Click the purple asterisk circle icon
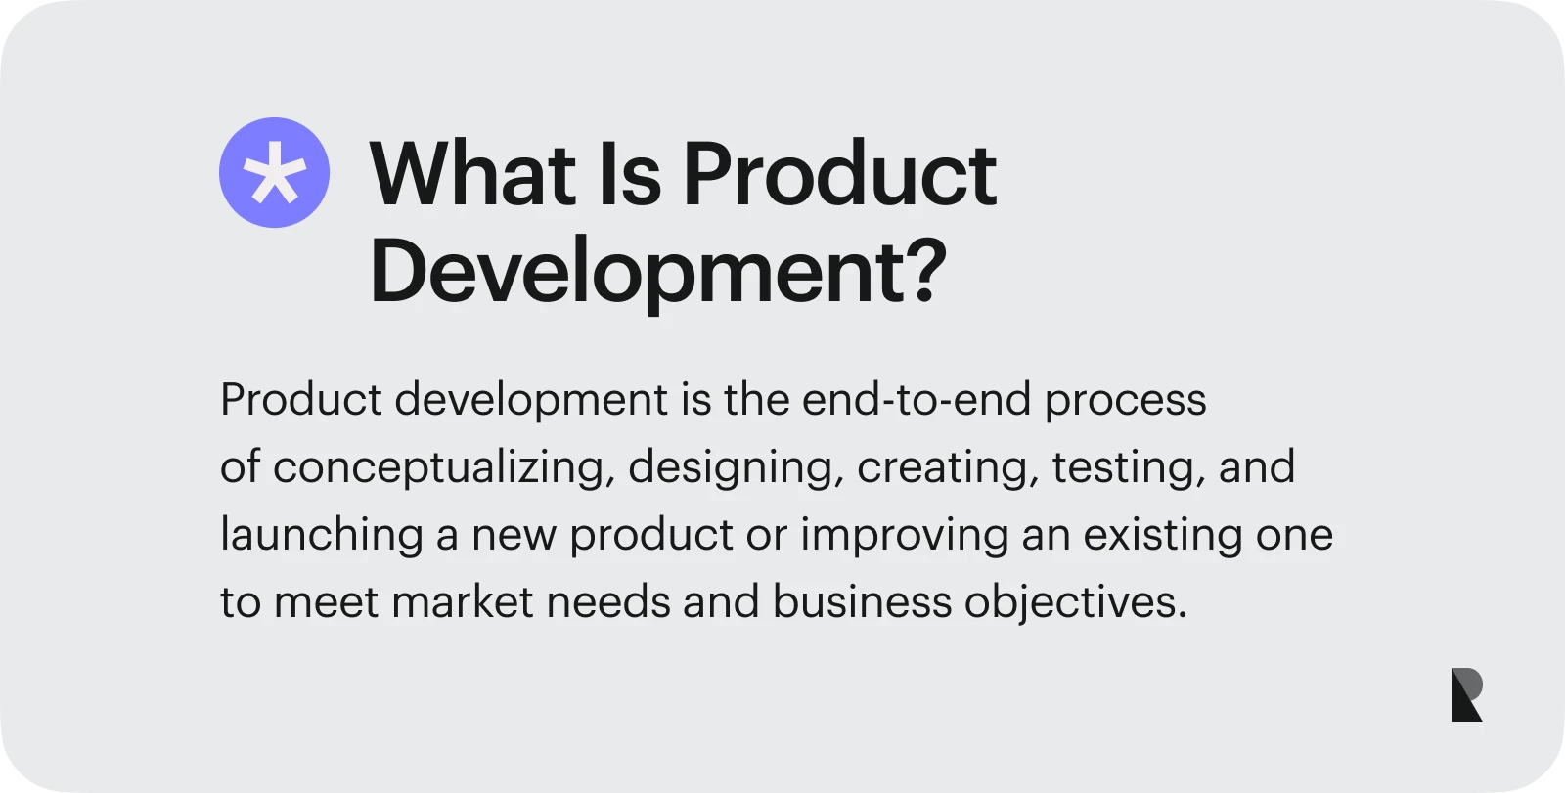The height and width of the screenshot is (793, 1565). click(275, 172)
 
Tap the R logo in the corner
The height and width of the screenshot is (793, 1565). click(1466, 694)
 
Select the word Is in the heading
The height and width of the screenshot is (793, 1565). click(630, 174)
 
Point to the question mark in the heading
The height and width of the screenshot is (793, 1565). click(927, 271)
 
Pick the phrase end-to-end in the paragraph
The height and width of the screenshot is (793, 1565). click(916, 400)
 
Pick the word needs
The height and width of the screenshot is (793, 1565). click(608, 602)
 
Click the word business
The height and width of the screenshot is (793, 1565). click(862, 602)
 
